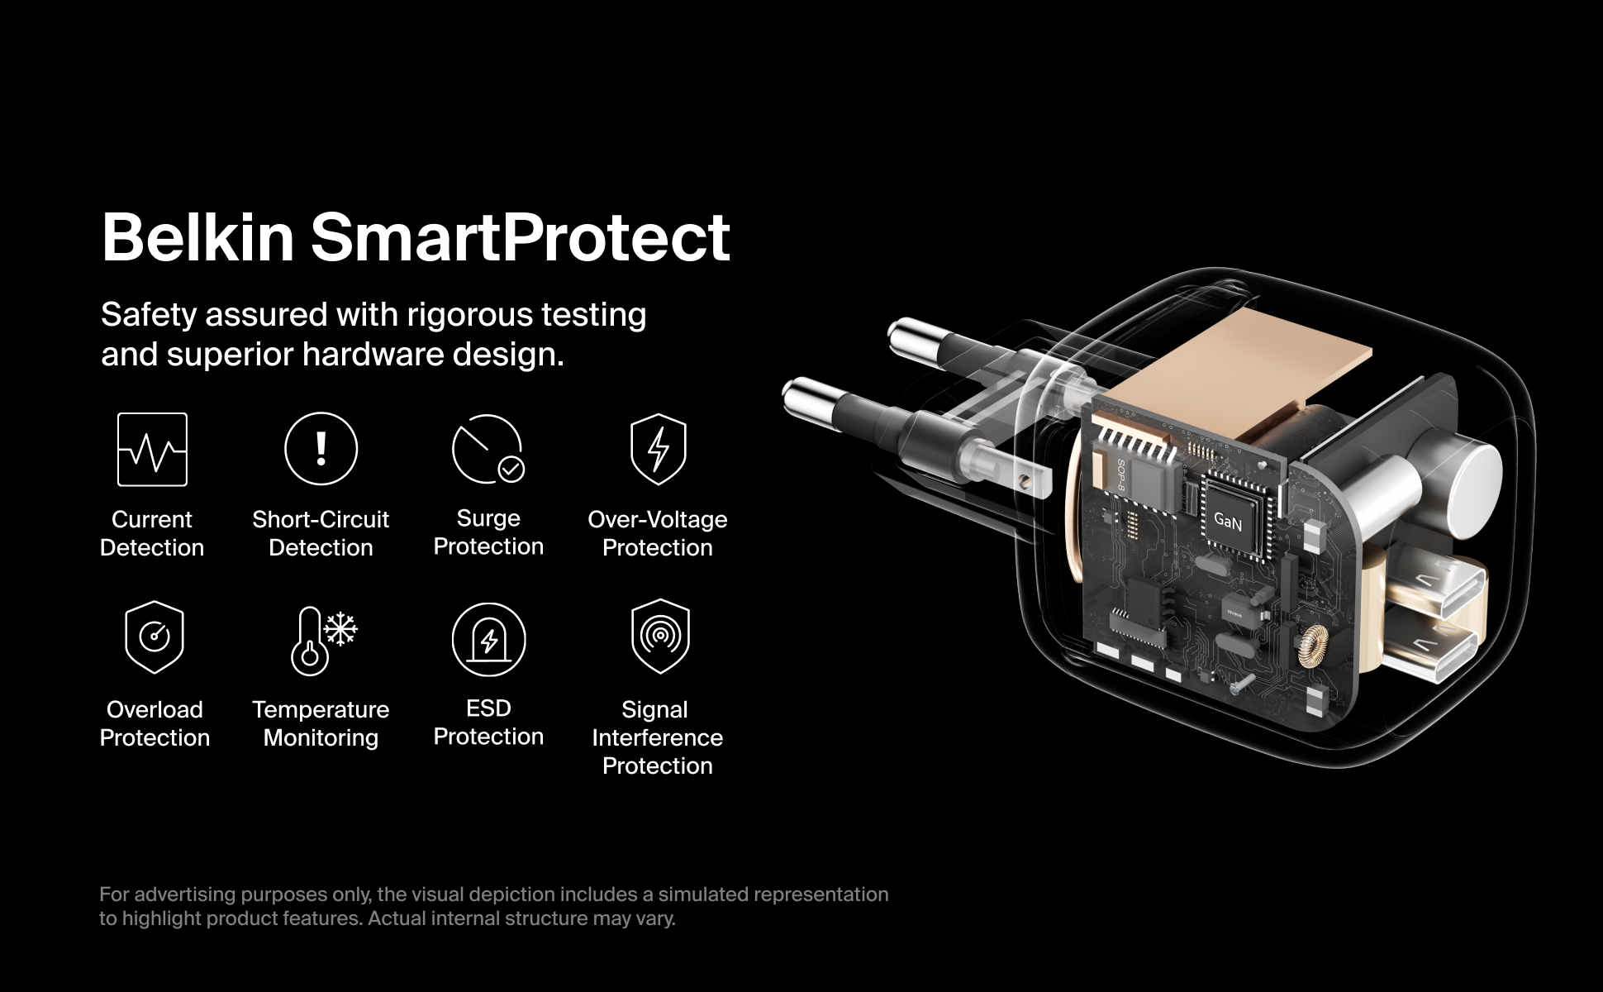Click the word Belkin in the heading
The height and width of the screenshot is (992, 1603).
198,237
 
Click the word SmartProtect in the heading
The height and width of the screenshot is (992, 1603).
521,237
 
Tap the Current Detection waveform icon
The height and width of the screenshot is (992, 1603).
152,449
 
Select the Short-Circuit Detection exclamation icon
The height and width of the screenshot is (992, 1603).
321,448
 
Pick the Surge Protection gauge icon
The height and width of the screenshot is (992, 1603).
488,449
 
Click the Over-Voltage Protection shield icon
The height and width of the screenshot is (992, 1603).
658,449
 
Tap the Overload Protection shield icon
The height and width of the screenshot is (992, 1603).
155,637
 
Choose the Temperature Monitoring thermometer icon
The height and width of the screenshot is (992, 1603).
321,641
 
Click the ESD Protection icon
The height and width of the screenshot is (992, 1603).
488,639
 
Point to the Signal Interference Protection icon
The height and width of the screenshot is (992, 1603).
659,637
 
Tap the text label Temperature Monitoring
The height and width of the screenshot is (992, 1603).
321,723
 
